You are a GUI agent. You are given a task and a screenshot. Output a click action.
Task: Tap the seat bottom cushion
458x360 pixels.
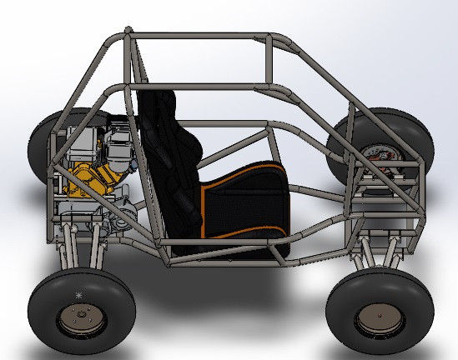click(x=250, y=208)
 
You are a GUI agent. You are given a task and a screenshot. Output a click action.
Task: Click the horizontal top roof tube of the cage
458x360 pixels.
click(x=200, y=36)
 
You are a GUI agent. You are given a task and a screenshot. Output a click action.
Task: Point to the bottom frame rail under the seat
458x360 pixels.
click(x=225, y=265)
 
